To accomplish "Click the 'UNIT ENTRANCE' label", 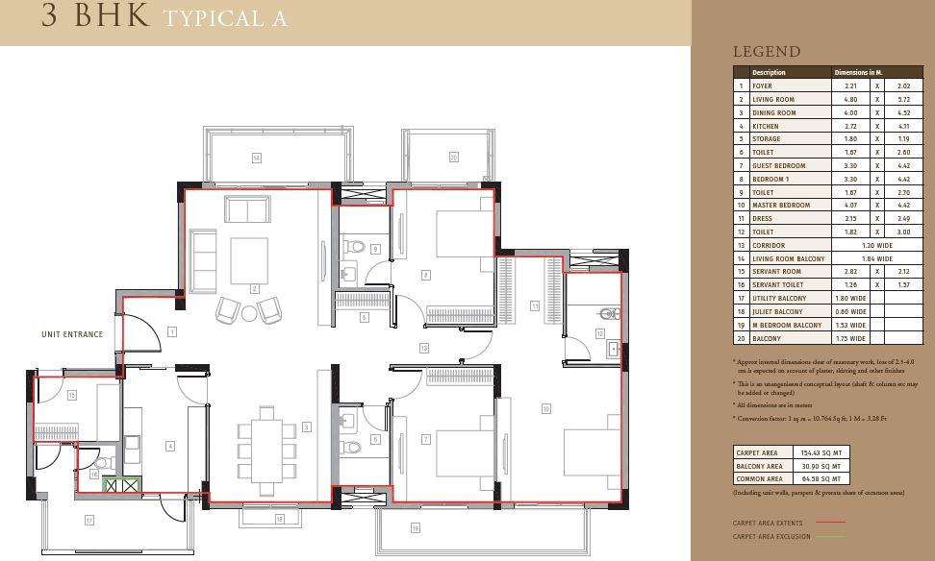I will click(71, 334).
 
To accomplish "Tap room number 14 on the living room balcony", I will click(256, 158).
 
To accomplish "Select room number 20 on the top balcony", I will click(453, 158).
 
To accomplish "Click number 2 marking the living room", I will click(255, 288).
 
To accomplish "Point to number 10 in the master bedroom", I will click(545, 408).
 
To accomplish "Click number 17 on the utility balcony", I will click(88, 520).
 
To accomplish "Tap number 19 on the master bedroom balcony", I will click(416, 527).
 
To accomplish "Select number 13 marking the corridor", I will click(423, 348).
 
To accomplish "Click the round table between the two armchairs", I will click(249, 312).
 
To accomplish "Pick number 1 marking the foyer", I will click(171, 331).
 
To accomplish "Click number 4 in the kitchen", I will click(170, 446).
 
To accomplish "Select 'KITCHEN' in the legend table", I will click(766, 126).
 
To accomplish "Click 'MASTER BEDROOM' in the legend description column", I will click(780, 205).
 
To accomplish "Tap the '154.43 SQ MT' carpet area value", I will click(821, 452).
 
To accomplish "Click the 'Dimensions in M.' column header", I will click(858, 72).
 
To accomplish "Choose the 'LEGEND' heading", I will click(766, 52).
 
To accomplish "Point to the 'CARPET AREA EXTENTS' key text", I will click(767, 523).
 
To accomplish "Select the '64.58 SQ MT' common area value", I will click(821, 478).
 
